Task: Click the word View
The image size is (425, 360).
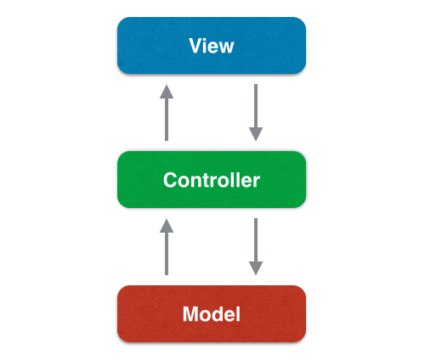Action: (x=211, y=45)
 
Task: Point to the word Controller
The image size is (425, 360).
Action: (x=211, y=180)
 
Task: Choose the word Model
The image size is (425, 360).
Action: (x=211, y=314)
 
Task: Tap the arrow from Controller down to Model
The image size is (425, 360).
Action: (x=256, y=244)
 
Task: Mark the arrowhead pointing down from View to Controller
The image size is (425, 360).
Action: (x=256, y=134)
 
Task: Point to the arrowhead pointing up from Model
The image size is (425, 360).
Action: (x=167, y=226)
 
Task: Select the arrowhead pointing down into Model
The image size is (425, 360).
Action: (x=256, y=268)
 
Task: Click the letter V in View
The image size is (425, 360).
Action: (x=195, y=45)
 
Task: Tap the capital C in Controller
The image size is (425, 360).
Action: (x=169, y=180)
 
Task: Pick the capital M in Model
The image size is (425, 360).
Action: (x=190, y=314)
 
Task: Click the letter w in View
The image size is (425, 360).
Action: (x=225, y=46)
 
